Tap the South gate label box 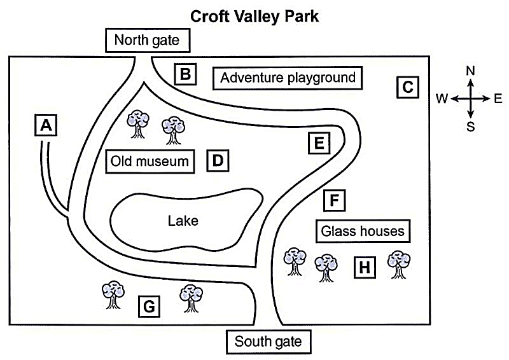tap(268, 342)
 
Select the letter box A tap(45, 125)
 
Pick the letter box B tap(185, 74)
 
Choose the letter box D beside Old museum tap(218, 161)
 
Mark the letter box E tap(319, 143)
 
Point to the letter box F tap(333, 200)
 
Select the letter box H tap(364, 267)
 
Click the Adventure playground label tap(288, 78)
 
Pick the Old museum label tap(150, 161)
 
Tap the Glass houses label tap(363, 230)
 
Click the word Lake tap(183, 221)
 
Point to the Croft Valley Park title tap(254, 16)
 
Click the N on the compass tap(471, 71)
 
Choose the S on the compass tap(471, 127)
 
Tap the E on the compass tap(498, 99)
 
